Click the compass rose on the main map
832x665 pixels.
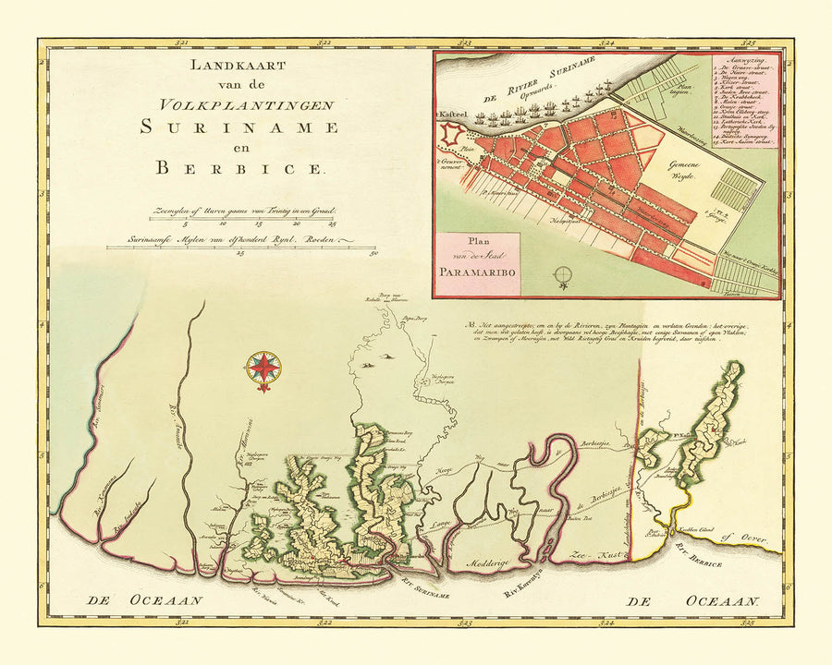[263, 370]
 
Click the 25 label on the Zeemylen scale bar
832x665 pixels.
[333, 224]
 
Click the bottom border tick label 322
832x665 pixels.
[324, 624]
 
